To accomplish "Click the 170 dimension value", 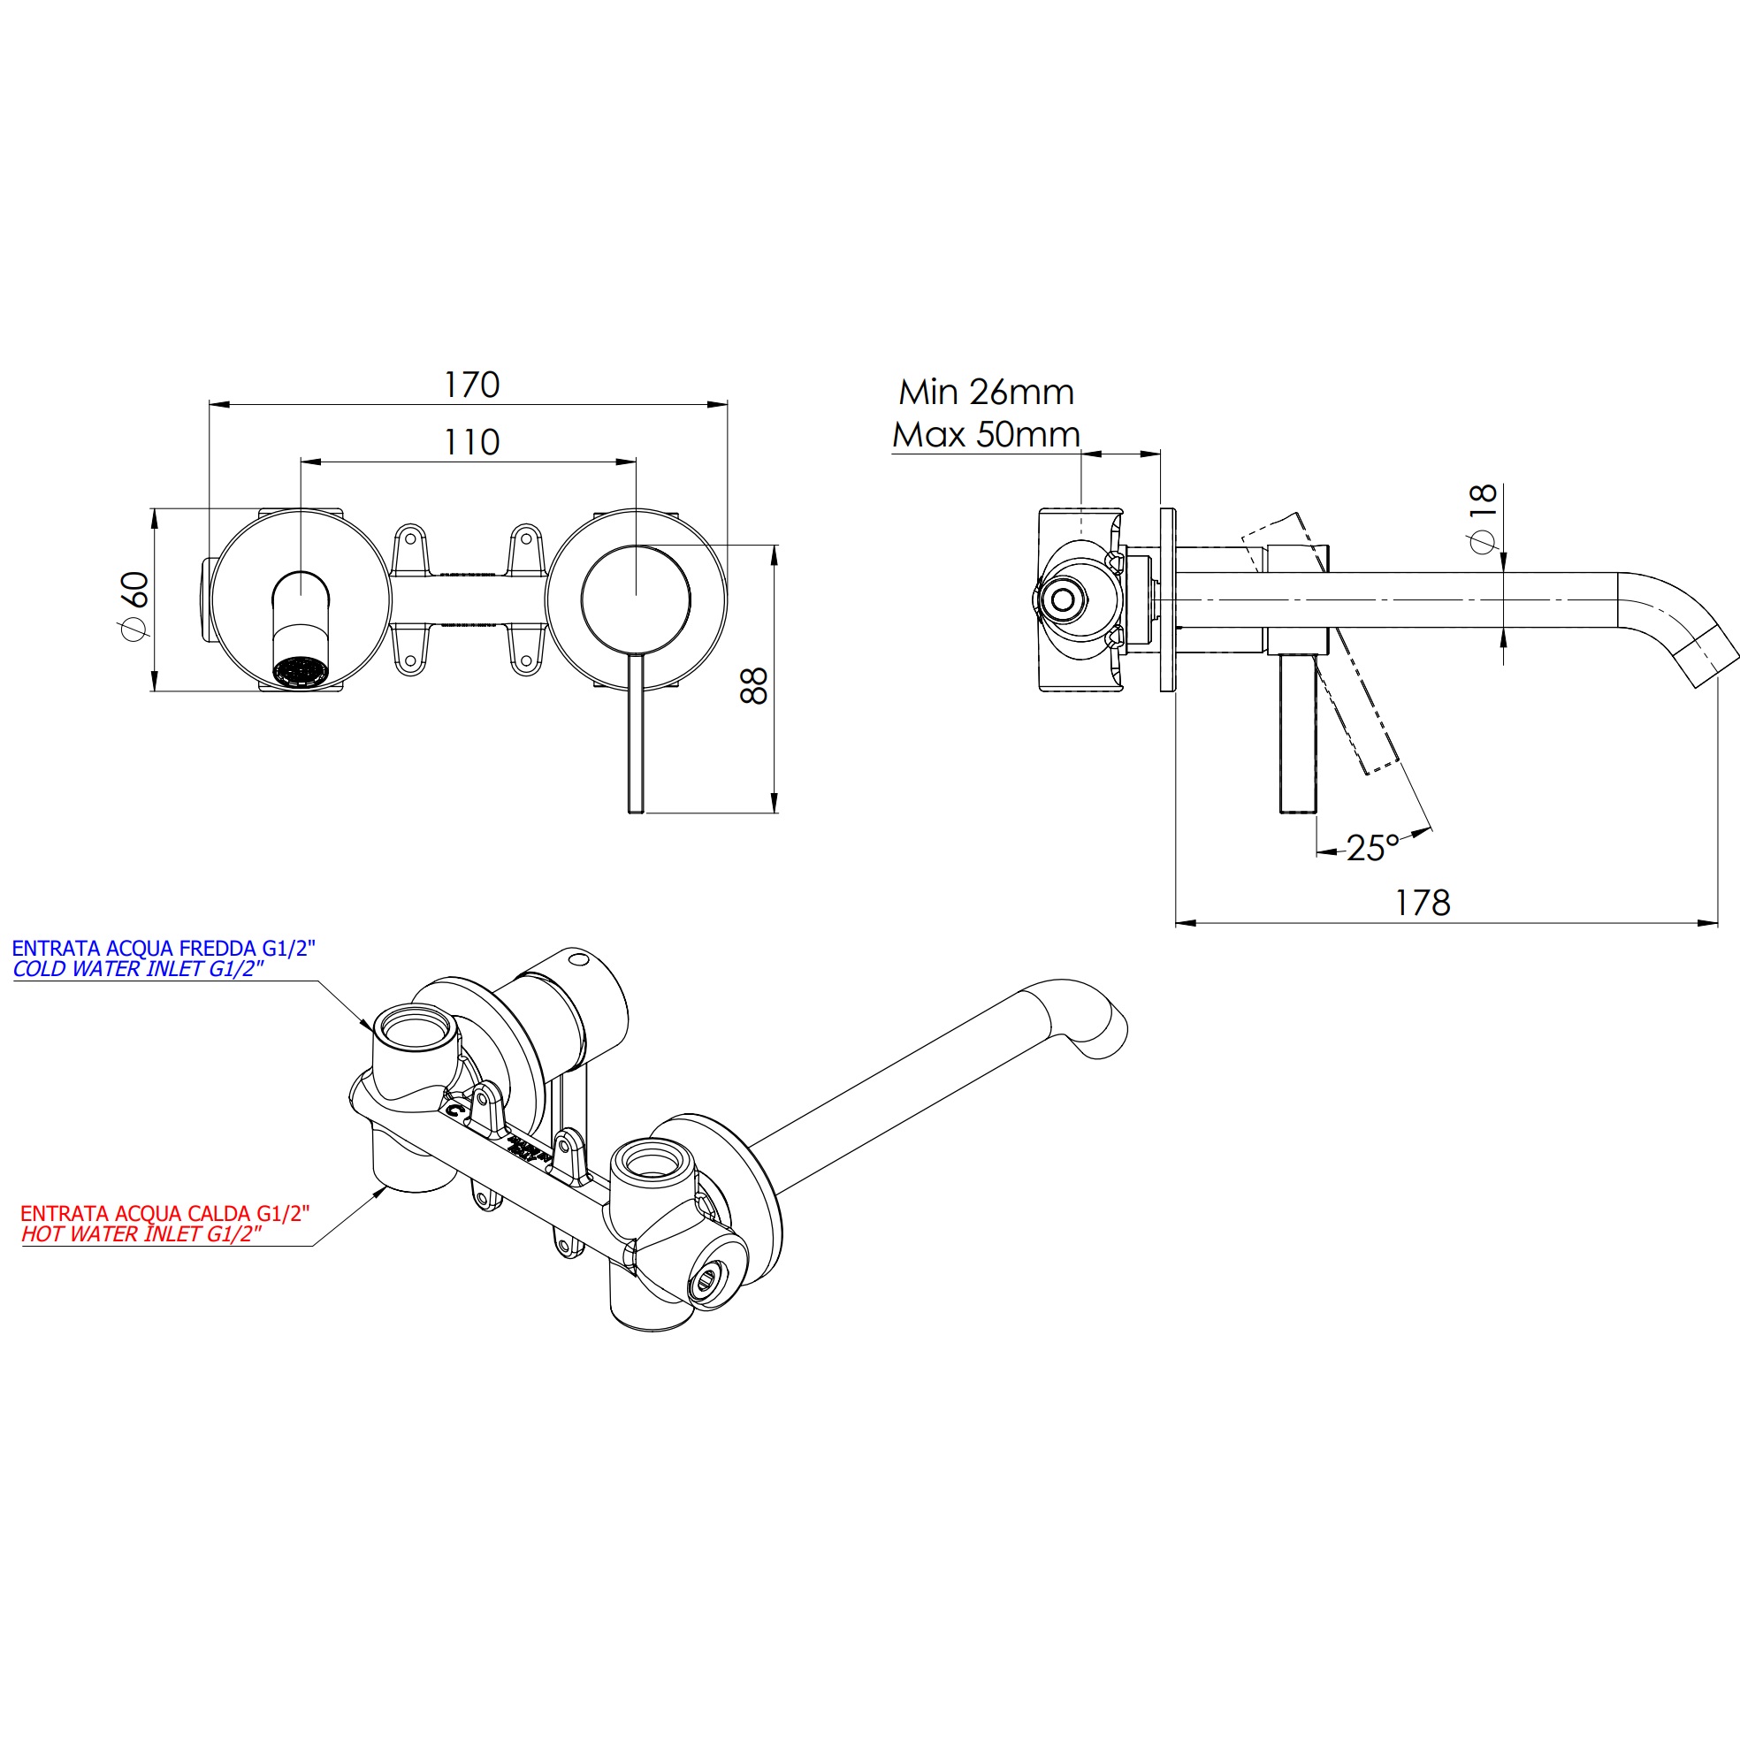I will (471, 385).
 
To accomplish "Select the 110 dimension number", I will (471, 442).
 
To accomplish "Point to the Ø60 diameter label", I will (135, 606).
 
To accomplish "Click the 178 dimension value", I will (1422, 903).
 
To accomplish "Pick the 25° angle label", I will (1372, 849).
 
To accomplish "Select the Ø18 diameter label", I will (1482, 521).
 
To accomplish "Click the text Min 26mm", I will (986, 393).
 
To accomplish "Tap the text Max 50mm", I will (986, 435).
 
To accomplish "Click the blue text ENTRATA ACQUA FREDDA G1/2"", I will (164, 949).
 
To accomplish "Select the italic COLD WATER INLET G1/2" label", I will (139, 969).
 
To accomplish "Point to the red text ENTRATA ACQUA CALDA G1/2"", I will (164, 1213).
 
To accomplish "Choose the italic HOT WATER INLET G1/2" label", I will (142, 1234).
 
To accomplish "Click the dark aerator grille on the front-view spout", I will (301, 671).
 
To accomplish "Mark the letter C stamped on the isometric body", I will (456, 1110).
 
